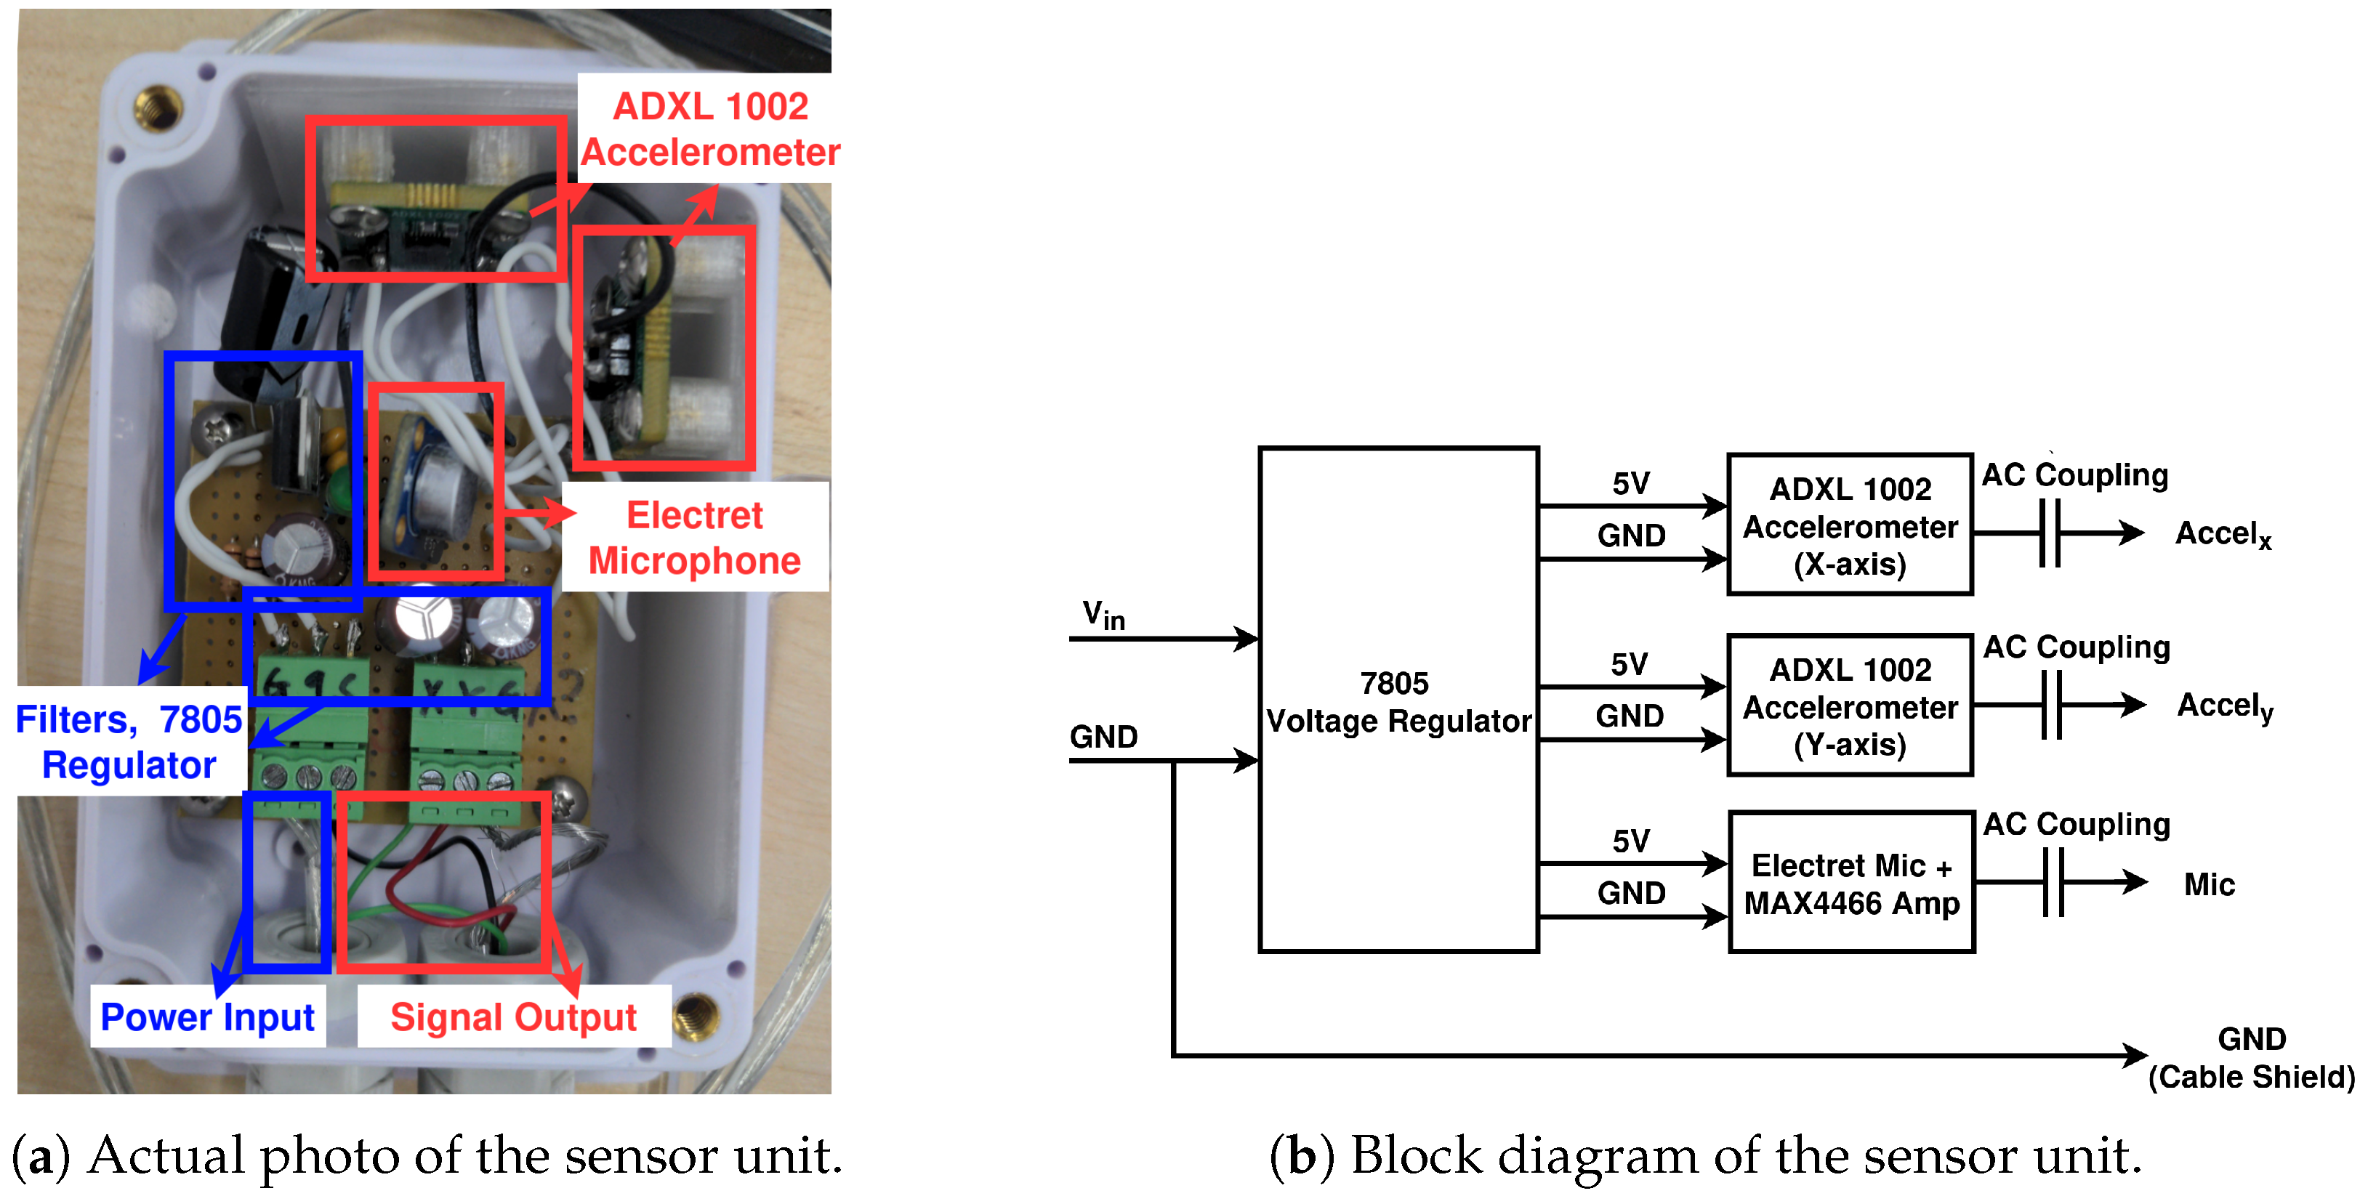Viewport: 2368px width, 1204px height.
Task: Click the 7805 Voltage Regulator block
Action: pyautogui.click(x=1397, y=700)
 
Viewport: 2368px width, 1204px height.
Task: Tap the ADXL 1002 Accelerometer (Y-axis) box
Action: pyautogui.click(x=1850, y=706)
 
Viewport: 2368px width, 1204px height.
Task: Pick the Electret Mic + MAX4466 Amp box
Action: pyautogui.click(x=1851, y=884)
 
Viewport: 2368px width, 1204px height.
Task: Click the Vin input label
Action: pyautogui.click(x=1103, y=614)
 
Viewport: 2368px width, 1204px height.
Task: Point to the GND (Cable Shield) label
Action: pyautogui.click(x=2250, y=1058)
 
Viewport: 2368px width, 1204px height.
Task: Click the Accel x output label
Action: pyautogui.click(x=2221, y=534)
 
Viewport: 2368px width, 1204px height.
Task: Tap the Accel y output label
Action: pyautogui.click(x=2223, y=706)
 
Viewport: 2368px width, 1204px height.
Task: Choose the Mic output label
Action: pyautogui.click(x=2208, y=884)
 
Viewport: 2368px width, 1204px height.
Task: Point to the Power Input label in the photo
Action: pyautogui.click(x=207, y=1017)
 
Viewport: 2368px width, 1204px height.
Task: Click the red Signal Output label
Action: pyautogui.click(x=513, y=1017)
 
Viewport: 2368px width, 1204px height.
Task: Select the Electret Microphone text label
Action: pyautogui.click(x=694, y=538)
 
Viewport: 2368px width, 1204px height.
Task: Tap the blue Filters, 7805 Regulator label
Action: pyautogui.click(x=129, y=742)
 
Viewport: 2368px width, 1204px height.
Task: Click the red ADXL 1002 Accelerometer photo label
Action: pyautogui.click(x=709, y=129)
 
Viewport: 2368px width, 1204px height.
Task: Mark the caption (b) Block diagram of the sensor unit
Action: pyautogui.click(x=1704, y=1155)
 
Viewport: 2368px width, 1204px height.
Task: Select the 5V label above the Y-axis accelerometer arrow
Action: pyautogui.click(x=1629, y=663)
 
